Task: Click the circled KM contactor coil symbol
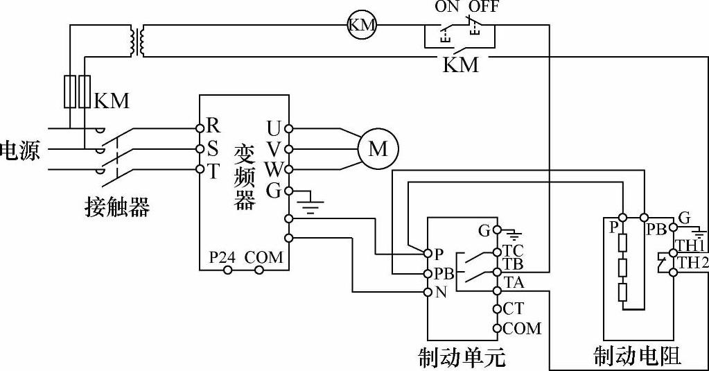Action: coord(360,26)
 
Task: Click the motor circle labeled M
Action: coord(377,149)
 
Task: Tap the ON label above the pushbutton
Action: coord(447,8)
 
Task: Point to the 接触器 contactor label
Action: coord(116,206)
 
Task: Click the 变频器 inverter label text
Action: coord(245,177)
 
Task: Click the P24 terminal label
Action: coord(222,257)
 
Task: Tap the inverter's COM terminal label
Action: coord(263,257)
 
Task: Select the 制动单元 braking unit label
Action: coord(462,356)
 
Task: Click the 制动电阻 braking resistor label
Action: coord(637,355)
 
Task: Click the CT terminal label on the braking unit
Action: coord(514,309)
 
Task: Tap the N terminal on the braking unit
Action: coord(441,292)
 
